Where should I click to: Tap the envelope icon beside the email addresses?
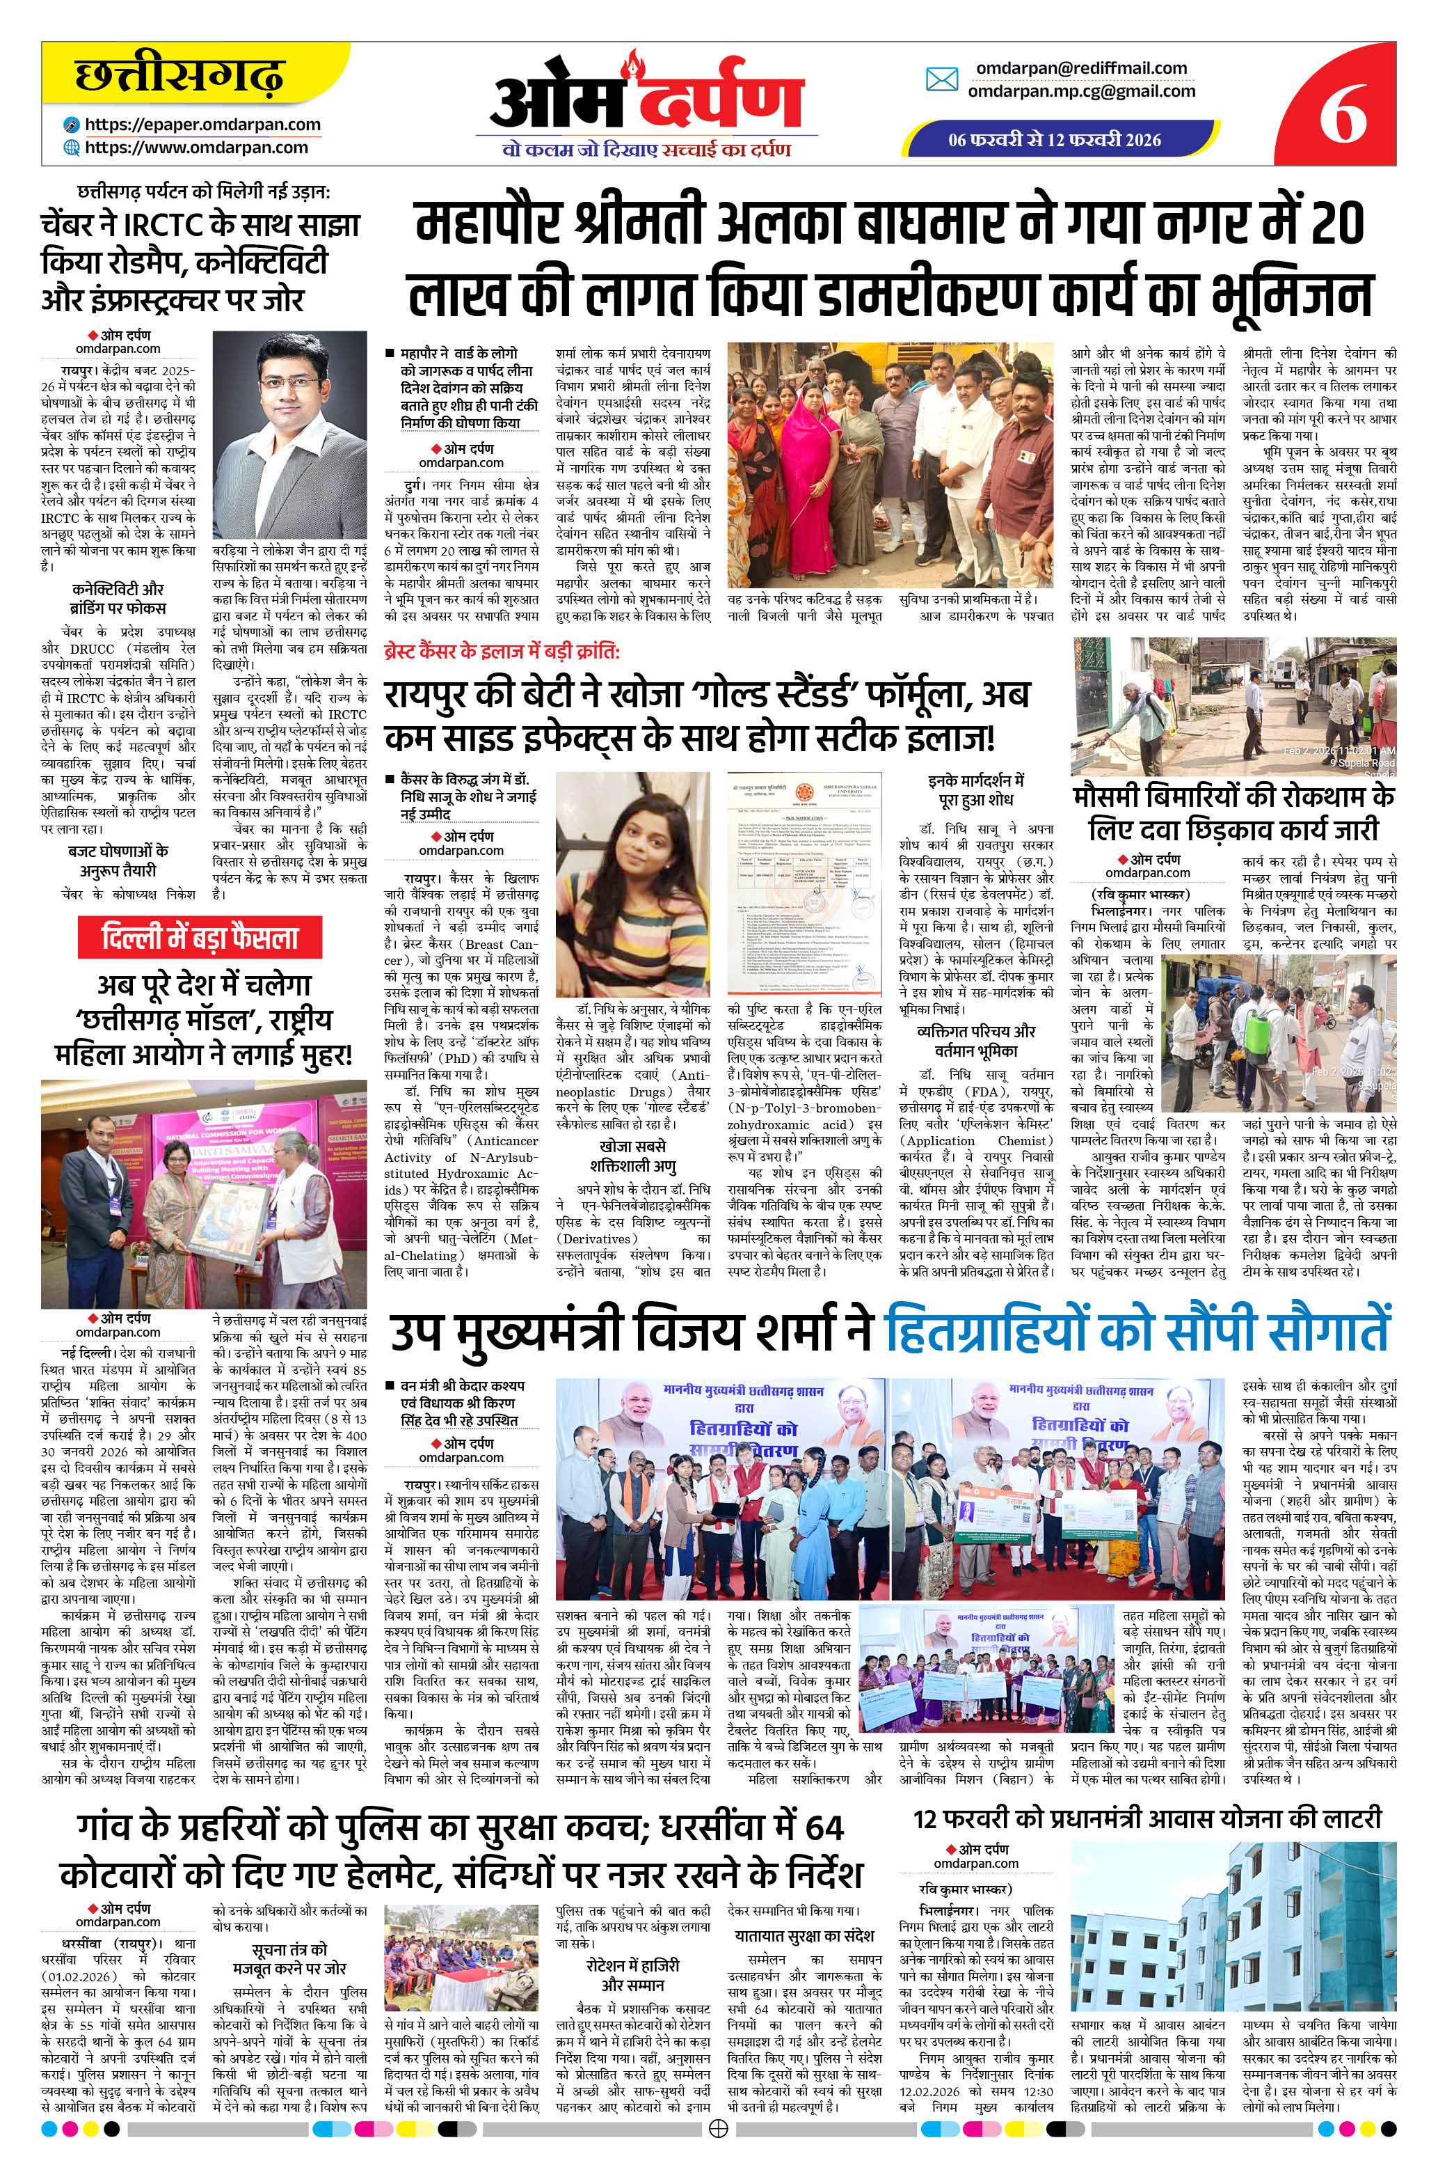(x=942, y=80)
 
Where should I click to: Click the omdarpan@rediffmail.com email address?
(x=1081, y=68)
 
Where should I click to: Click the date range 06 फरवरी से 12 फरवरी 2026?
(x=1055, y=141)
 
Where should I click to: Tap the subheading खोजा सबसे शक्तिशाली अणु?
(x=633, y=1157)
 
